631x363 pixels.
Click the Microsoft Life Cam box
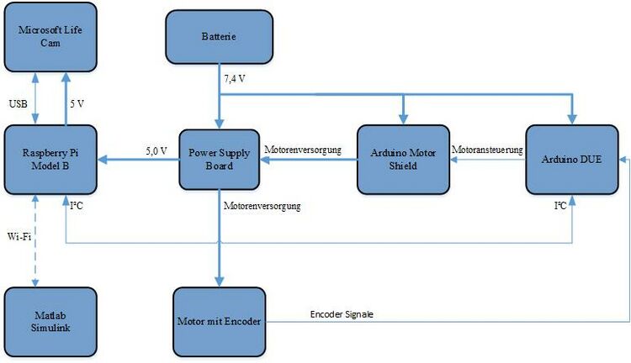coord(50,36)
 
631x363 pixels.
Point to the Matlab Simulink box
coord(50,320)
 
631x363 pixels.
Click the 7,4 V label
coord(236,79)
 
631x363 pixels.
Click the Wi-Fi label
coord(19,237)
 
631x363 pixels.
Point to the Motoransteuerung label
coord(488,150)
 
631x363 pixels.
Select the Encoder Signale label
coord(342,313)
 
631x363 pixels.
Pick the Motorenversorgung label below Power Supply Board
coord(262,204)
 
